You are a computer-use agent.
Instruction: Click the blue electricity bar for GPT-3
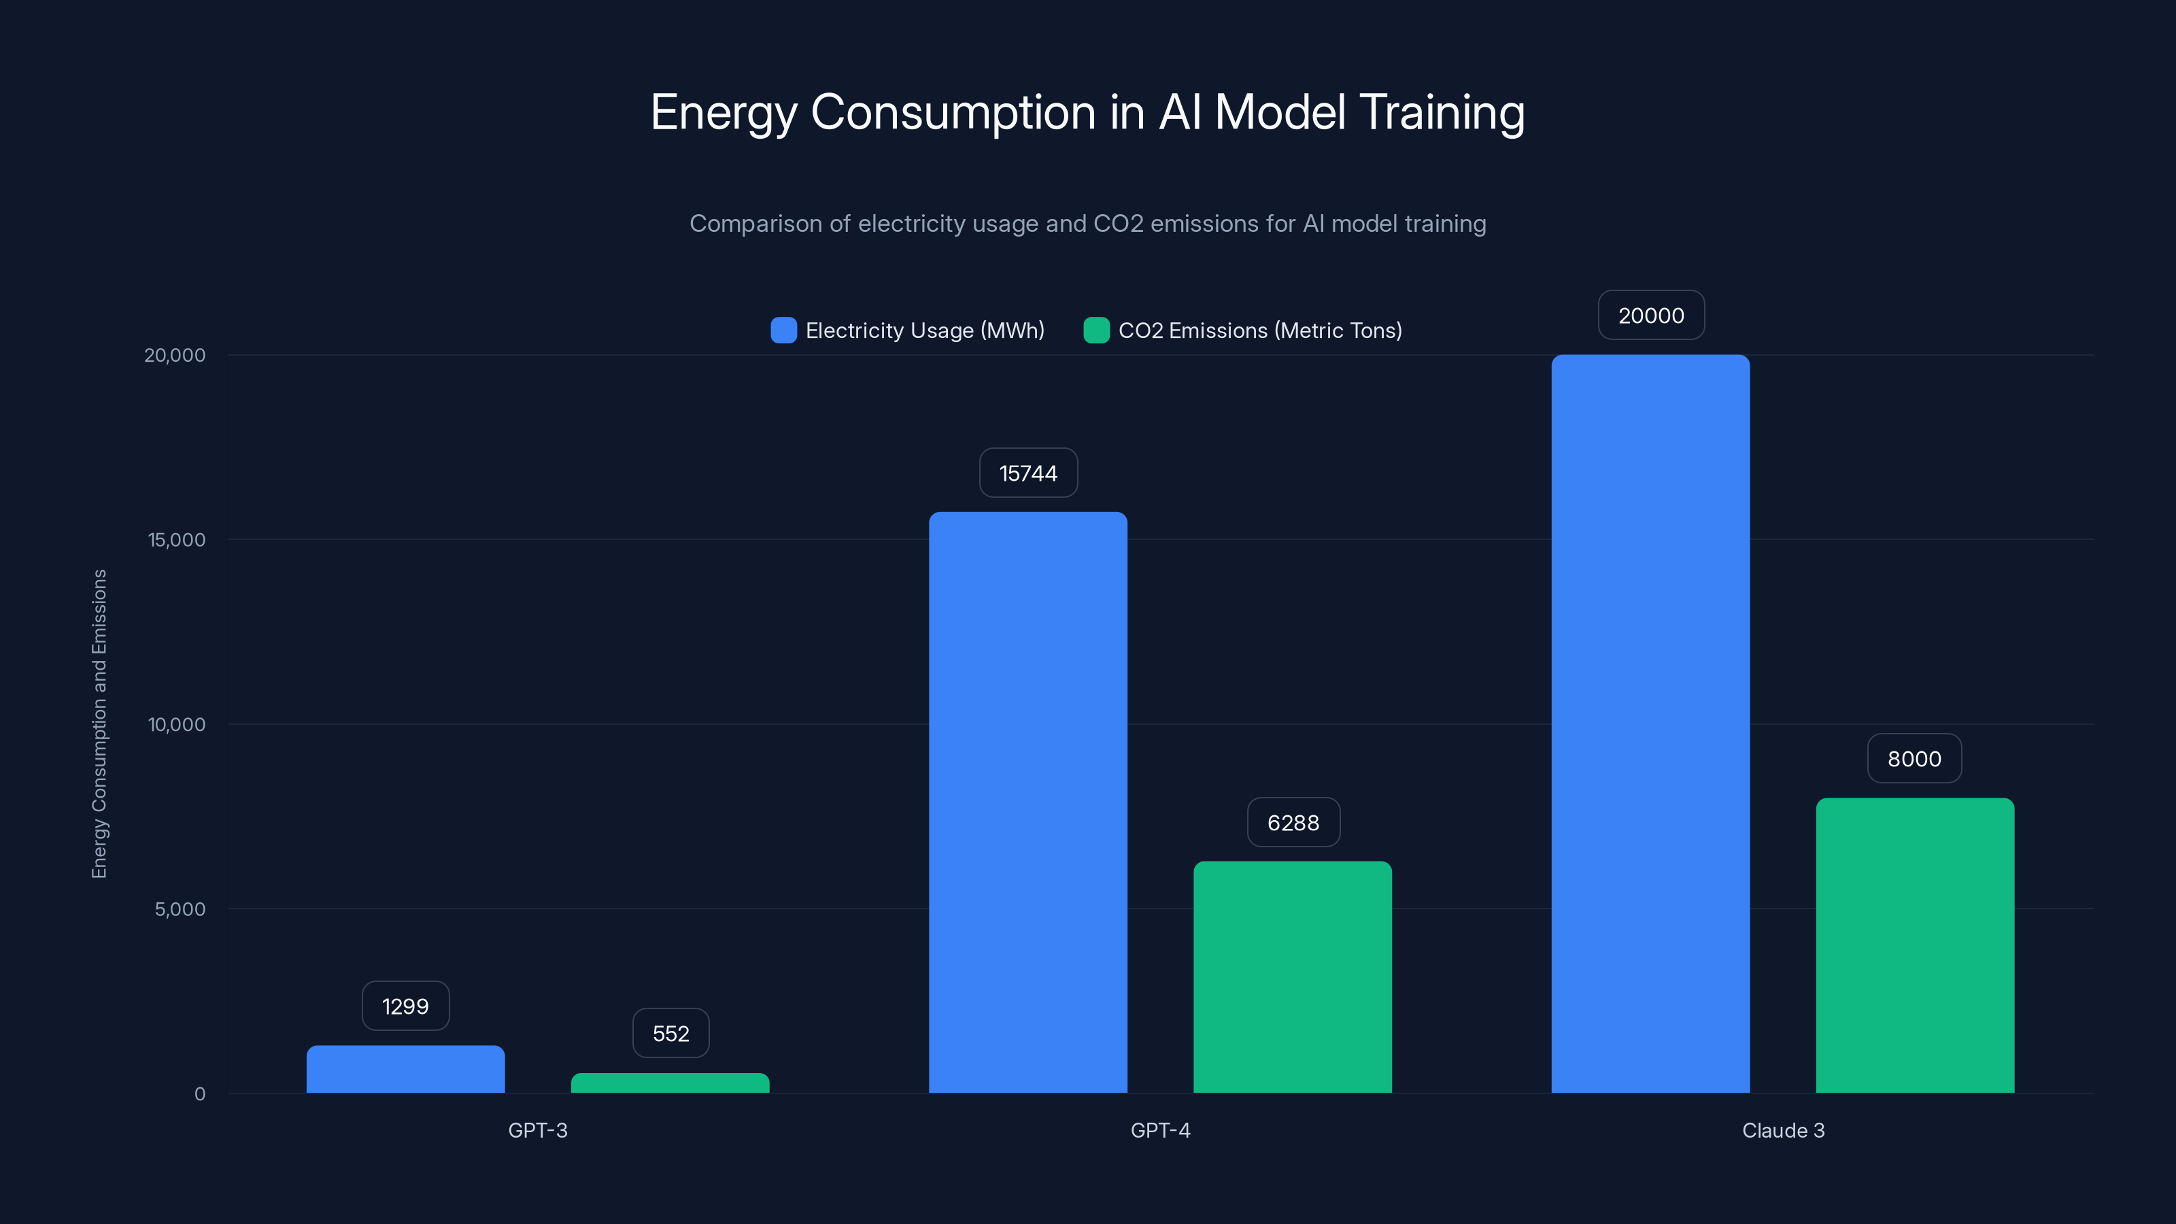click(x=405, y=1070)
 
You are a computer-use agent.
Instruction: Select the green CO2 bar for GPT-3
click(x=670, y=1083)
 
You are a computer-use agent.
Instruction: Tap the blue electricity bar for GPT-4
click(x=1028, y=802)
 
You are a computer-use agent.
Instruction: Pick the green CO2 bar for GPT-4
click(x=1293, y=977)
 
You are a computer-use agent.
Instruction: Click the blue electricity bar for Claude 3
click(x=1650, y=724)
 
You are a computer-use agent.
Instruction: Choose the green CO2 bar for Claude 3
click(x=1915, y=945)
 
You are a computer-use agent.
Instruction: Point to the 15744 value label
click(x=1028, y=473)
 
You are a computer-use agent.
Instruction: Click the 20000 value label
click(x=1650, y=315)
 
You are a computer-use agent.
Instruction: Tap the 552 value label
click(x=670, y=1033)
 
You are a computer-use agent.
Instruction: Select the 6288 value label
click(x=1293, y=823)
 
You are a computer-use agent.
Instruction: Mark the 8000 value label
click(x=1914, y=759)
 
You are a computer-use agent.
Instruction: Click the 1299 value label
click(x=405, y=1006)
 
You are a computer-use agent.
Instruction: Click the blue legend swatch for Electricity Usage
click(x=784, y=330)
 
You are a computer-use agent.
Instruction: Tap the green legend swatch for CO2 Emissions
click(x=1096, y=330)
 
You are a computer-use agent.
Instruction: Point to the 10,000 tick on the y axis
click(x=177, y=725)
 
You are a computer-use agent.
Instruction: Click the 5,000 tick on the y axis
click(x=180, y=910)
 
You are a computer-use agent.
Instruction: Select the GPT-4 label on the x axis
click(x=1160, y=1130)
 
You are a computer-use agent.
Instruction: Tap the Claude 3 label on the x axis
click(x=1783, y=1130)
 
